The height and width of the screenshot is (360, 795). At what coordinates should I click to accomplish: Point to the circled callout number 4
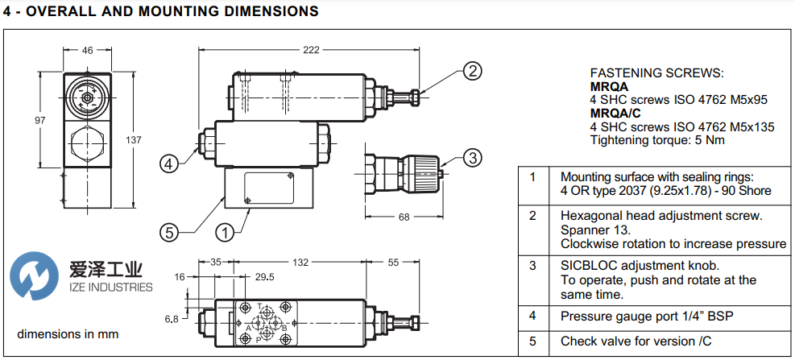click(x=168, y=163)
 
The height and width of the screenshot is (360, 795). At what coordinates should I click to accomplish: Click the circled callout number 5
click(x=168, y=232)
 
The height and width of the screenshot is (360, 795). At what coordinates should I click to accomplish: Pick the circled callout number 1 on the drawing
click(x=225, y=232)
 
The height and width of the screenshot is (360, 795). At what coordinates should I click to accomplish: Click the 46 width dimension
click(x=87, y=50)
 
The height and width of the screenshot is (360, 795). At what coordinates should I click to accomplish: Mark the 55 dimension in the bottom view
click(x=394, y=263)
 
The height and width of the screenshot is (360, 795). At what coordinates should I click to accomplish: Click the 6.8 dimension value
click(x=172, y=319)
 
